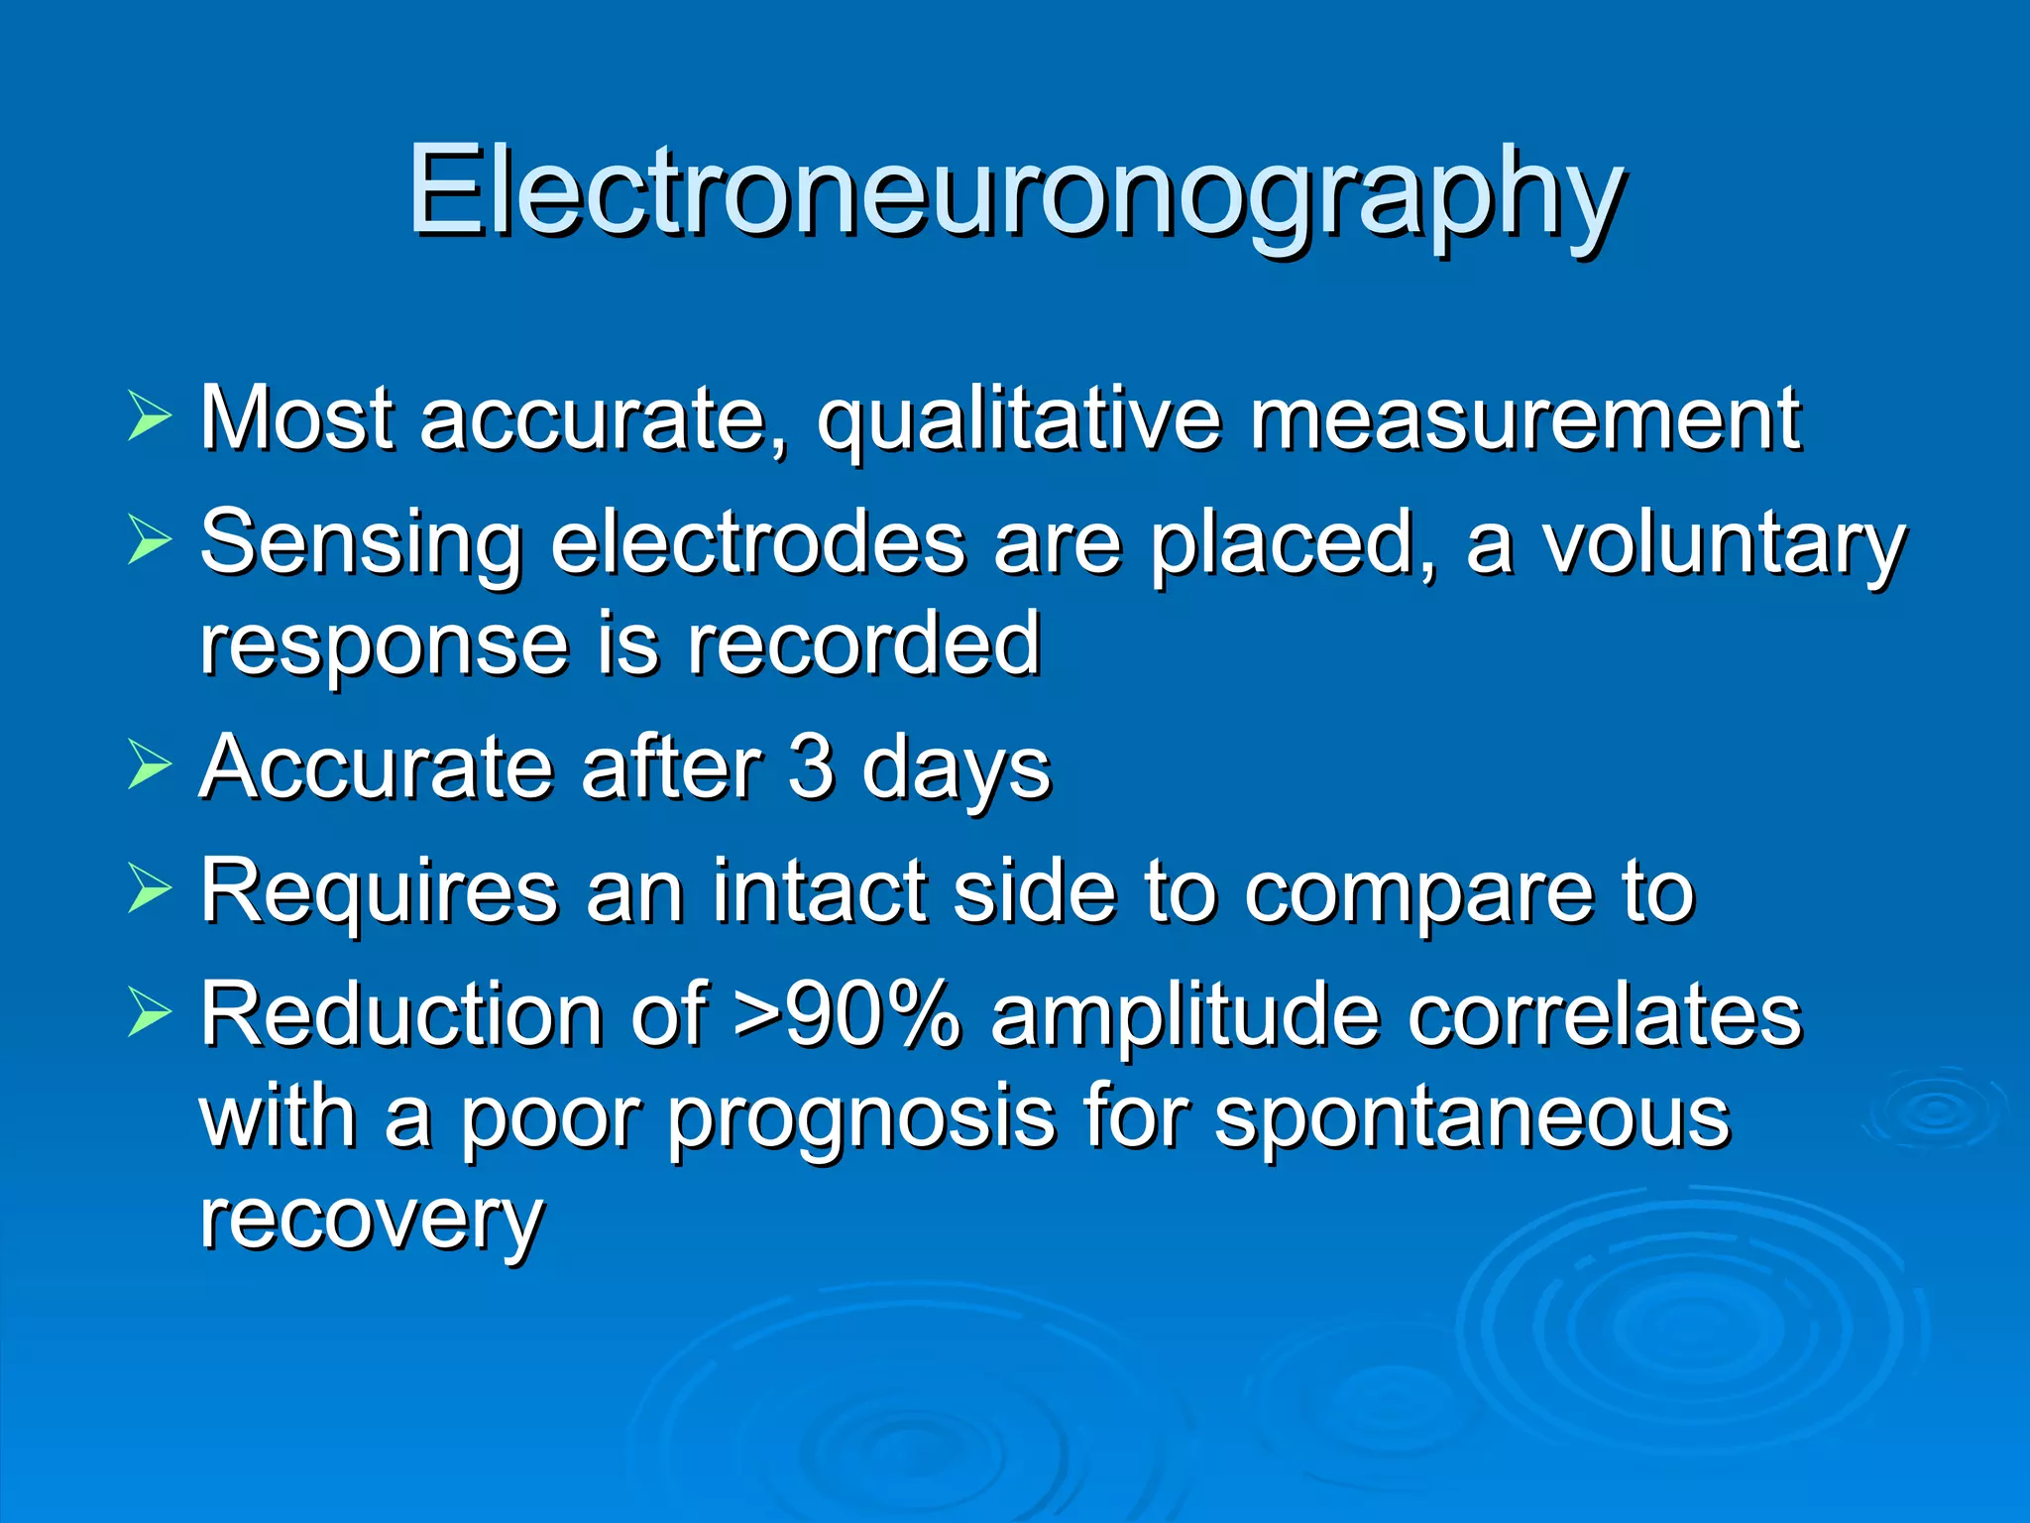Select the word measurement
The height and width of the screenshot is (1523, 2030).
[1524, 418]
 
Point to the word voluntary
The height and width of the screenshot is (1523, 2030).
[1723, 544]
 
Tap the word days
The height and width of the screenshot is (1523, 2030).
[956, 769]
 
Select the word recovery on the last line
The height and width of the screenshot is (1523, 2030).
[372, 1220]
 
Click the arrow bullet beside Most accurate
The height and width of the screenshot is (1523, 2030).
[149, 416]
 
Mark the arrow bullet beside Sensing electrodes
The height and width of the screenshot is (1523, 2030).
[149, 541]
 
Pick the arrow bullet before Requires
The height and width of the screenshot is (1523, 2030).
[149, 889]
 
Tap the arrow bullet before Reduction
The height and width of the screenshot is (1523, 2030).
[149, 1013]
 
